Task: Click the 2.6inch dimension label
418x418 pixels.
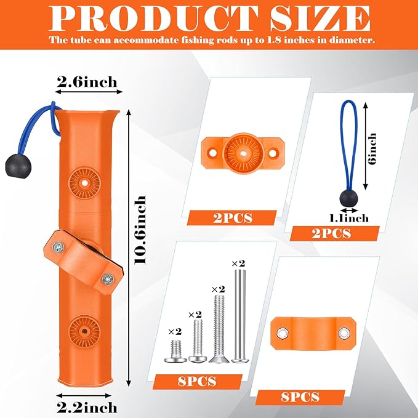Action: (x=87, y=82)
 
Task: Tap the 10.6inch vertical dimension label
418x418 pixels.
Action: (x=140, y=230)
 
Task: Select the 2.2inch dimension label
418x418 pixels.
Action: (x=87, y=408)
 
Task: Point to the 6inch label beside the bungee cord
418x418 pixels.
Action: (x=372, y=148)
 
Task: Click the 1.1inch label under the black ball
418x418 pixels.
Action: (x=349, y=219)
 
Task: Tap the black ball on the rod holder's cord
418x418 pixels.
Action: (x=18, y=166)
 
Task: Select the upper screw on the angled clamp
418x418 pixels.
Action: (x=58, y=247)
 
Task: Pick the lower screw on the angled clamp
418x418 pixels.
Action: (x=108, y=279)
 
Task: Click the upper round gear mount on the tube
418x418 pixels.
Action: (x=85, y=183)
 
